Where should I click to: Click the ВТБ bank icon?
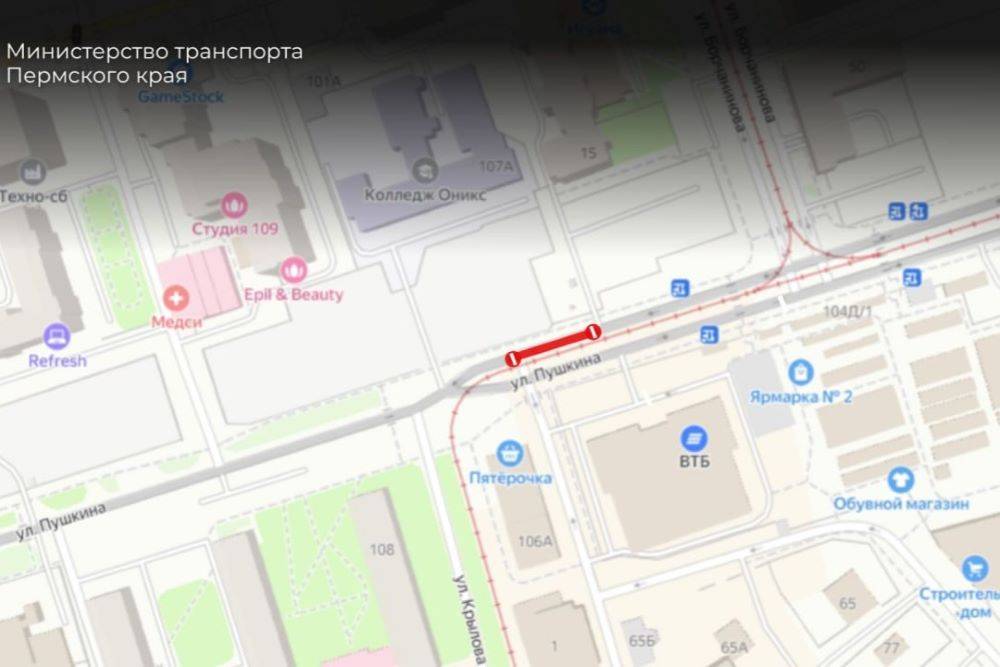pyautogui.click(x=693, y=437)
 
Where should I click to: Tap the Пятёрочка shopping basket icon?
pyautogui.click(x=510, y=453)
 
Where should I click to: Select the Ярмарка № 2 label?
pyautogui.click(x=800, y=397)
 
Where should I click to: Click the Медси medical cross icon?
pyautogui.click(x=177, y=297)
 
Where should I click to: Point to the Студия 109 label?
pyautogui.click(x=235, y=229)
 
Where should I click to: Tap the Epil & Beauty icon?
pyautogui.click(x=293, y=269)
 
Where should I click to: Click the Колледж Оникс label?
pyautogui.click(x=425, y=195)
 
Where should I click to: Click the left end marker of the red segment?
pyautogui.click(x=513, y=358)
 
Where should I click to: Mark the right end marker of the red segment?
pyautogui.click(x=593, y=331)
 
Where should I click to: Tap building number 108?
pyautogui.click(x=381, y=549)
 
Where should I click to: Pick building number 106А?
pyautogui.click(x=535, y=541)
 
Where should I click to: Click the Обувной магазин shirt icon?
pyautogui.click(x=900, y=480)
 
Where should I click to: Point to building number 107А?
pyautogui.click(x=496, y=166)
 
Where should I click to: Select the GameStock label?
pyautogui.click(x=180, y=97)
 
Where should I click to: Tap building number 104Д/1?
pyautogui.click(x=847, y=311)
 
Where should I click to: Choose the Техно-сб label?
pyautogui.click(x=33, y=196)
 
